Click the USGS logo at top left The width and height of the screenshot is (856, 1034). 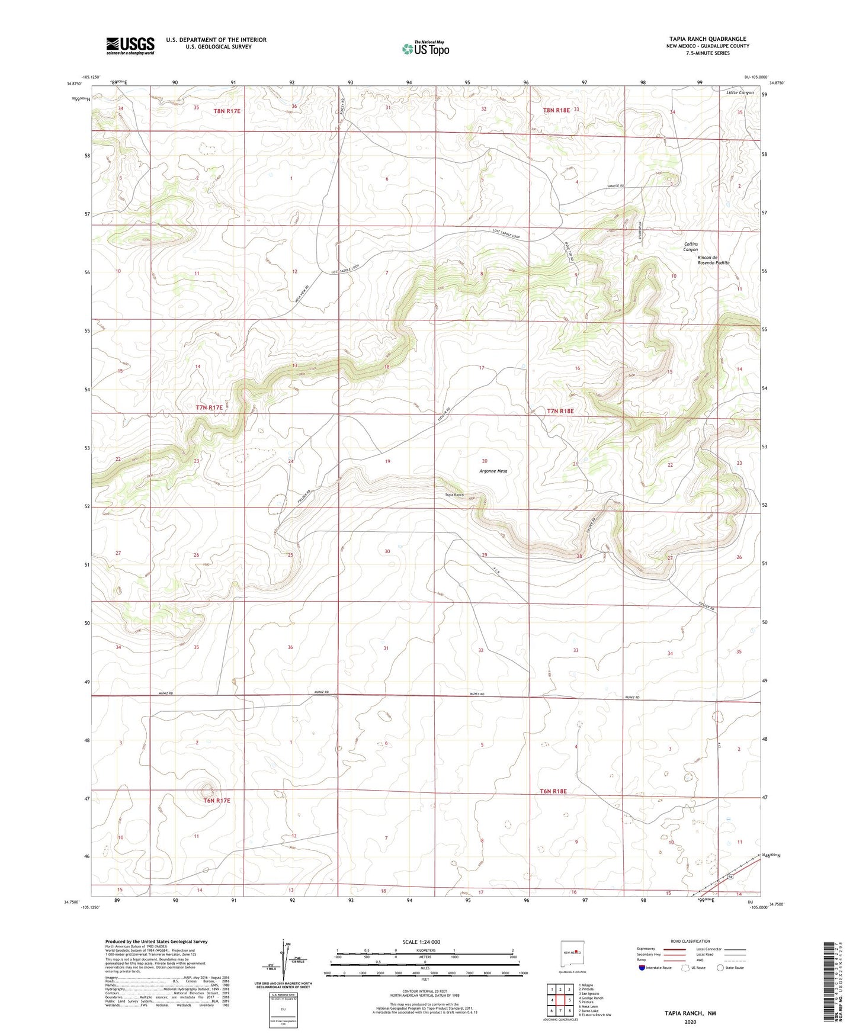(130, 46)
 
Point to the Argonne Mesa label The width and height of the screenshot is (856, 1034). (493, 471)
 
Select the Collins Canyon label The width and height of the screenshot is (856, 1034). (691, 247)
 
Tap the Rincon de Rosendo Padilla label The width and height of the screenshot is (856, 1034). (713, 260)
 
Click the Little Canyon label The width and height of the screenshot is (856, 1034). (740, 93)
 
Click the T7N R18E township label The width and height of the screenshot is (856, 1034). (560, 410)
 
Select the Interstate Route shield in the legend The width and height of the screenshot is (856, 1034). (643, 968)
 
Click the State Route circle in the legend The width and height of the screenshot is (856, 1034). (720, 968)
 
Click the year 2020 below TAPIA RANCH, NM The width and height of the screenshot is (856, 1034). (690, 1022)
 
